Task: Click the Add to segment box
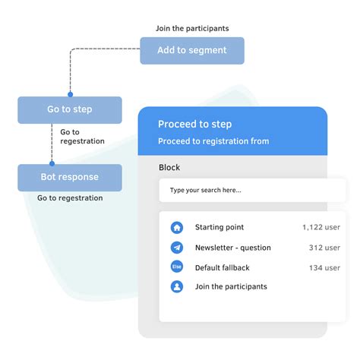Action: tap(192, 50)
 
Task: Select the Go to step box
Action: tap(70, 109)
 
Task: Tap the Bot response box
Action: tap(70, 177)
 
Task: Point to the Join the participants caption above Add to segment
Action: tap(192, 29)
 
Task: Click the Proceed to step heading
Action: tap(194, 124)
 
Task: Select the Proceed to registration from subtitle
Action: tap(213, 141)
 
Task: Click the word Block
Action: tap(169, 167)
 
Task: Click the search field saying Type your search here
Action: tap(242, 190)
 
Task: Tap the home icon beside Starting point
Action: tap(177, 227)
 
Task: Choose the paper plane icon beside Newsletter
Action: tap(177, 248)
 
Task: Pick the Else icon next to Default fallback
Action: tap(177, 267)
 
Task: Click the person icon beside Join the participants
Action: tap(177, 287)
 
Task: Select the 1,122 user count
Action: tap(321, 227)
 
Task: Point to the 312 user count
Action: tap(324, 248)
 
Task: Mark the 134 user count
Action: tap(324, 267)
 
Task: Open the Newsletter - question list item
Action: tap(232, 248)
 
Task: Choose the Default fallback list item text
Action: tap(222, 267)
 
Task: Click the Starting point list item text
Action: tap(219, 227)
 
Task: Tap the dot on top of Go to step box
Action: tap(70, 96)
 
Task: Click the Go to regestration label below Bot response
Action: tap(70, 198)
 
